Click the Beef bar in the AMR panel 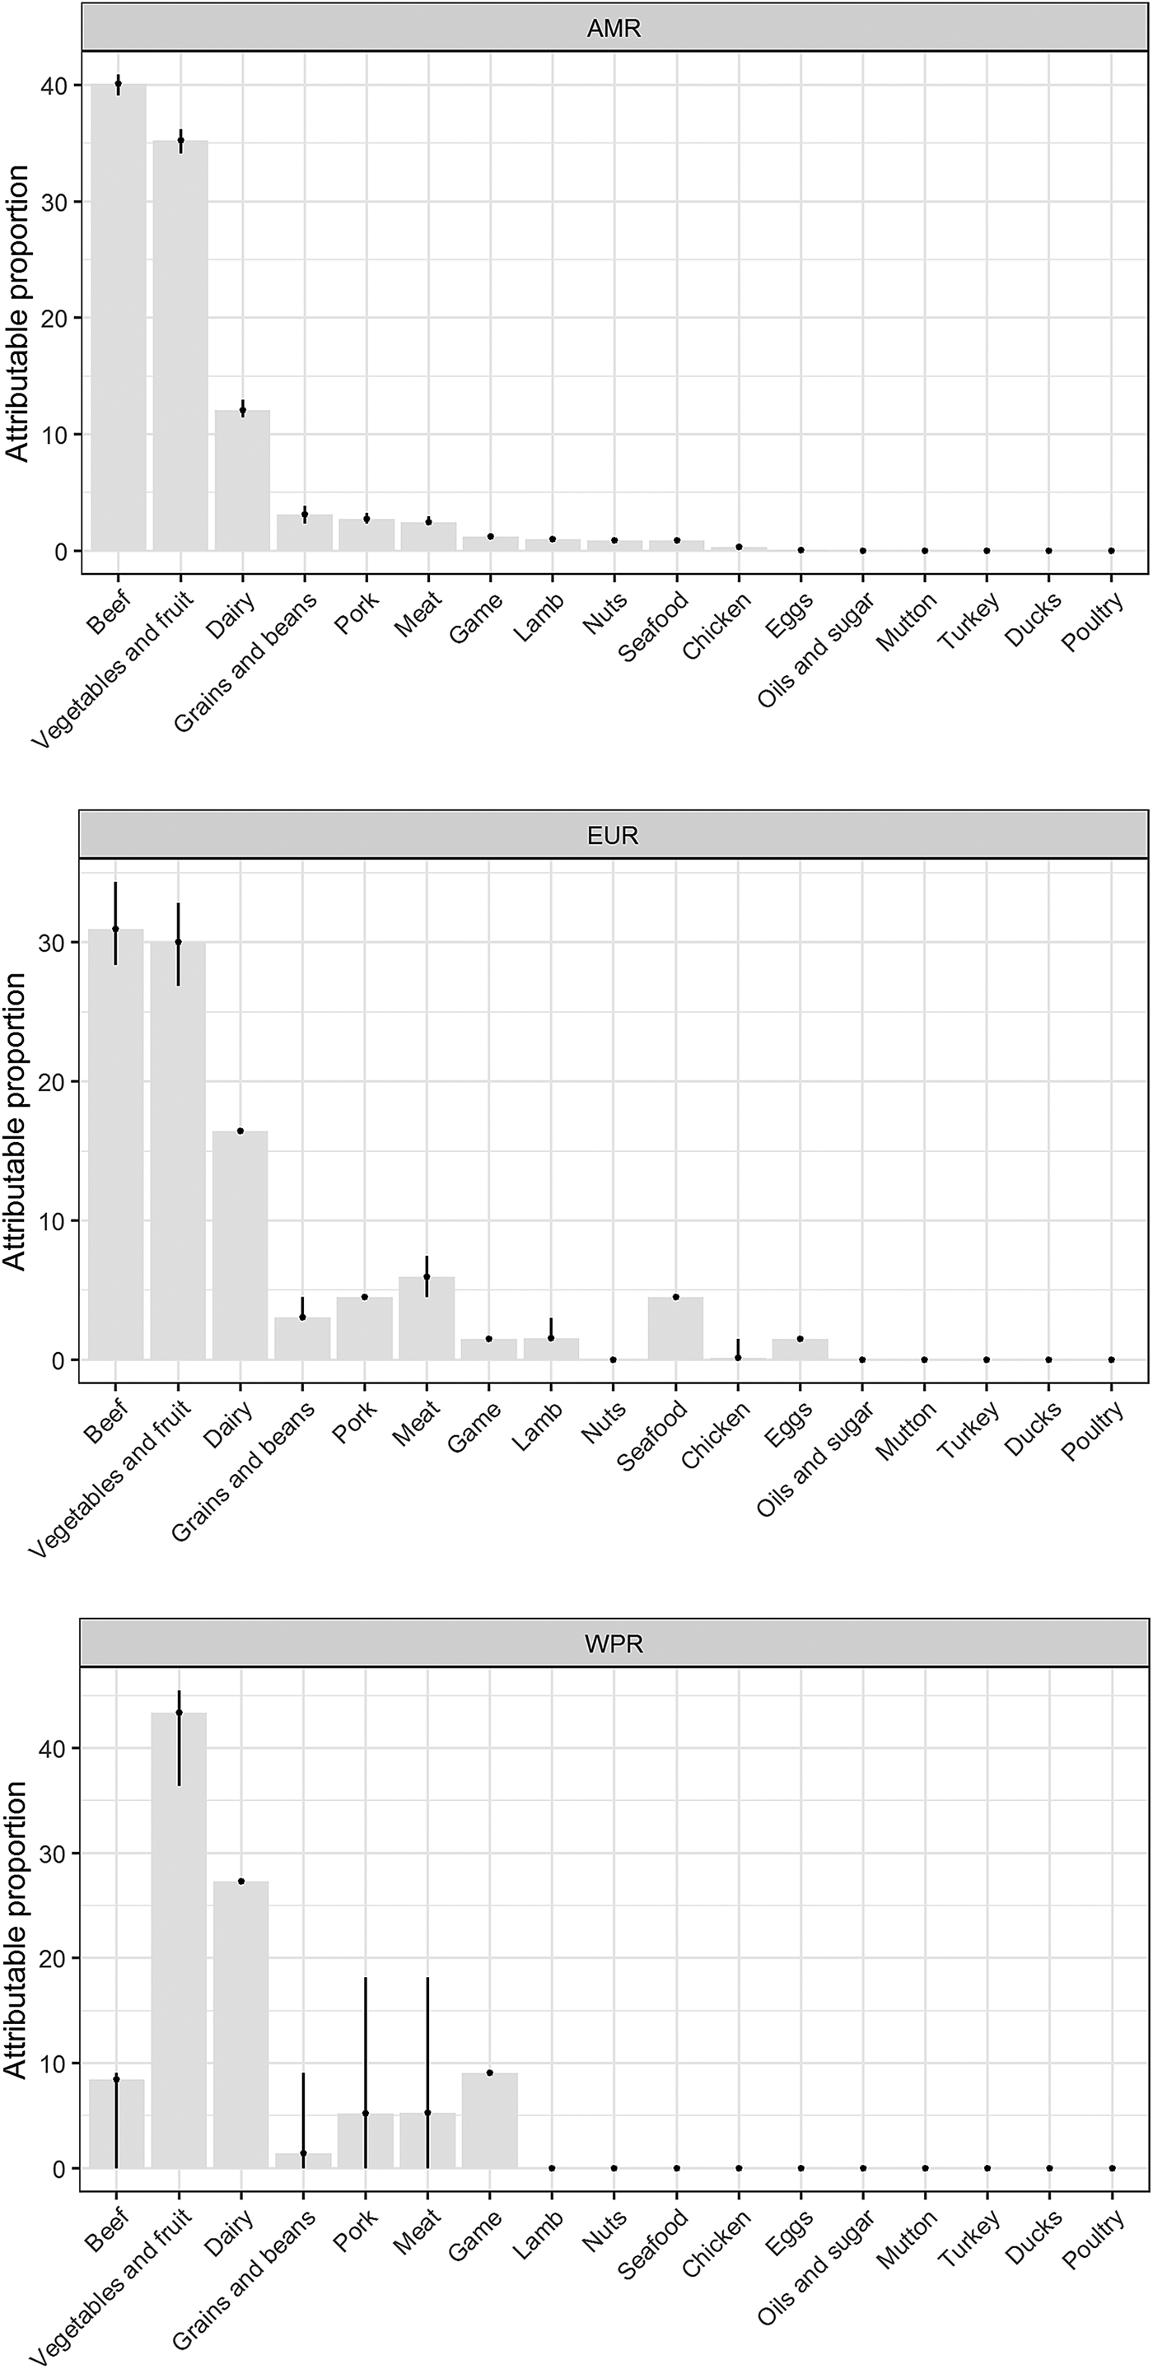click(x=118, y=317)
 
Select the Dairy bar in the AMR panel click(x=242, y=481)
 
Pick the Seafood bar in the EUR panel click(x=676, y=1328)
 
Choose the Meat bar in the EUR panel click(x=427, y=1317)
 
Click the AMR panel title click(x=614, y=29)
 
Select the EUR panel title click(x=613, y=835)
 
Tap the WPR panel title click(x=614, y=1644)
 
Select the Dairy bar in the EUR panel click(x=240, y=1245)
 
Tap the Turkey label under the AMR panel click(x=969, y=621)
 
